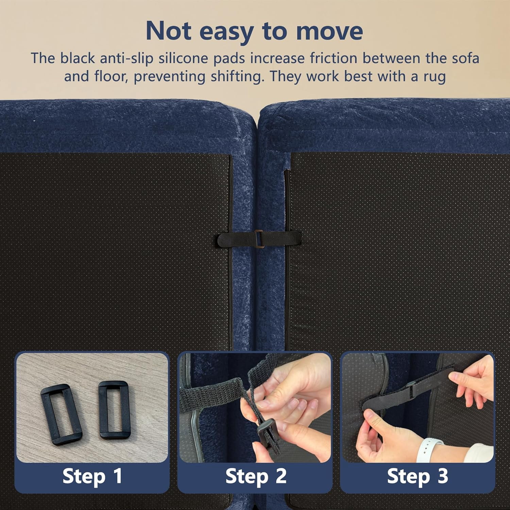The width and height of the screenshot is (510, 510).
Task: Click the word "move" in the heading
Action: coord(329,31)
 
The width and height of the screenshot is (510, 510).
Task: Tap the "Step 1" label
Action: coord(92,476)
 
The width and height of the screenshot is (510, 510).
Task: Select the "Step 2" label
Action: coord(256,476)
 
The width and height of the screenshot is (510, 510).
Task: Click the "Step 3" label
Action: coord(418,476)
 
